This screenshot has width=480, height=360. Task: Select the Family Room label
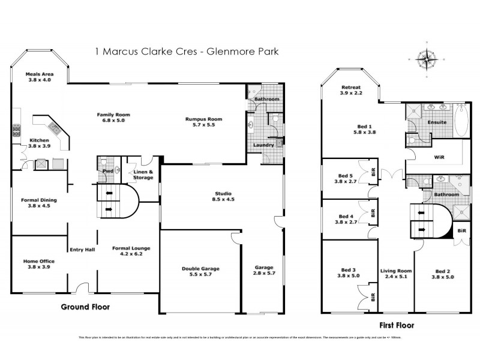pyautogui.click(x=114, y=115)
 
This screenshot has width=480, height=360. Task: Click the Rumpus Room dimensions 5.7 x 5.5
pyautogui.click(x=203, y=125)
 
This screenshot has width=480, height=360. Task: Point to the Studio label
pyautogui.click(x=223, y=193)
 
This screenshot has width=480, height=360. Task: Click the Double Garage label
pyautogui.click(x=196, y=268)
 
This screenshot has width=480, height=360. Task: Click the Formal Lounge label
pyautogui.click(x=131, y=248)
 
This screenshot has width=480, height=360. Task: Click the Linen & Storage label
pyautogui.click(x=143, y=175)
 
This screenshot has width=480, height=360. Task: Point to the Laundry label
pyautogui.click(x=263, y=145)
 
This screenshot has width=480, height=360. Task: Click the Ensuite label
pyautogui.click(x=436, y=122)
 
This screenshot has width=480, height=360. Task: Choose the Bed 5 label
pyautogui.click(x=346, y=176)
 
